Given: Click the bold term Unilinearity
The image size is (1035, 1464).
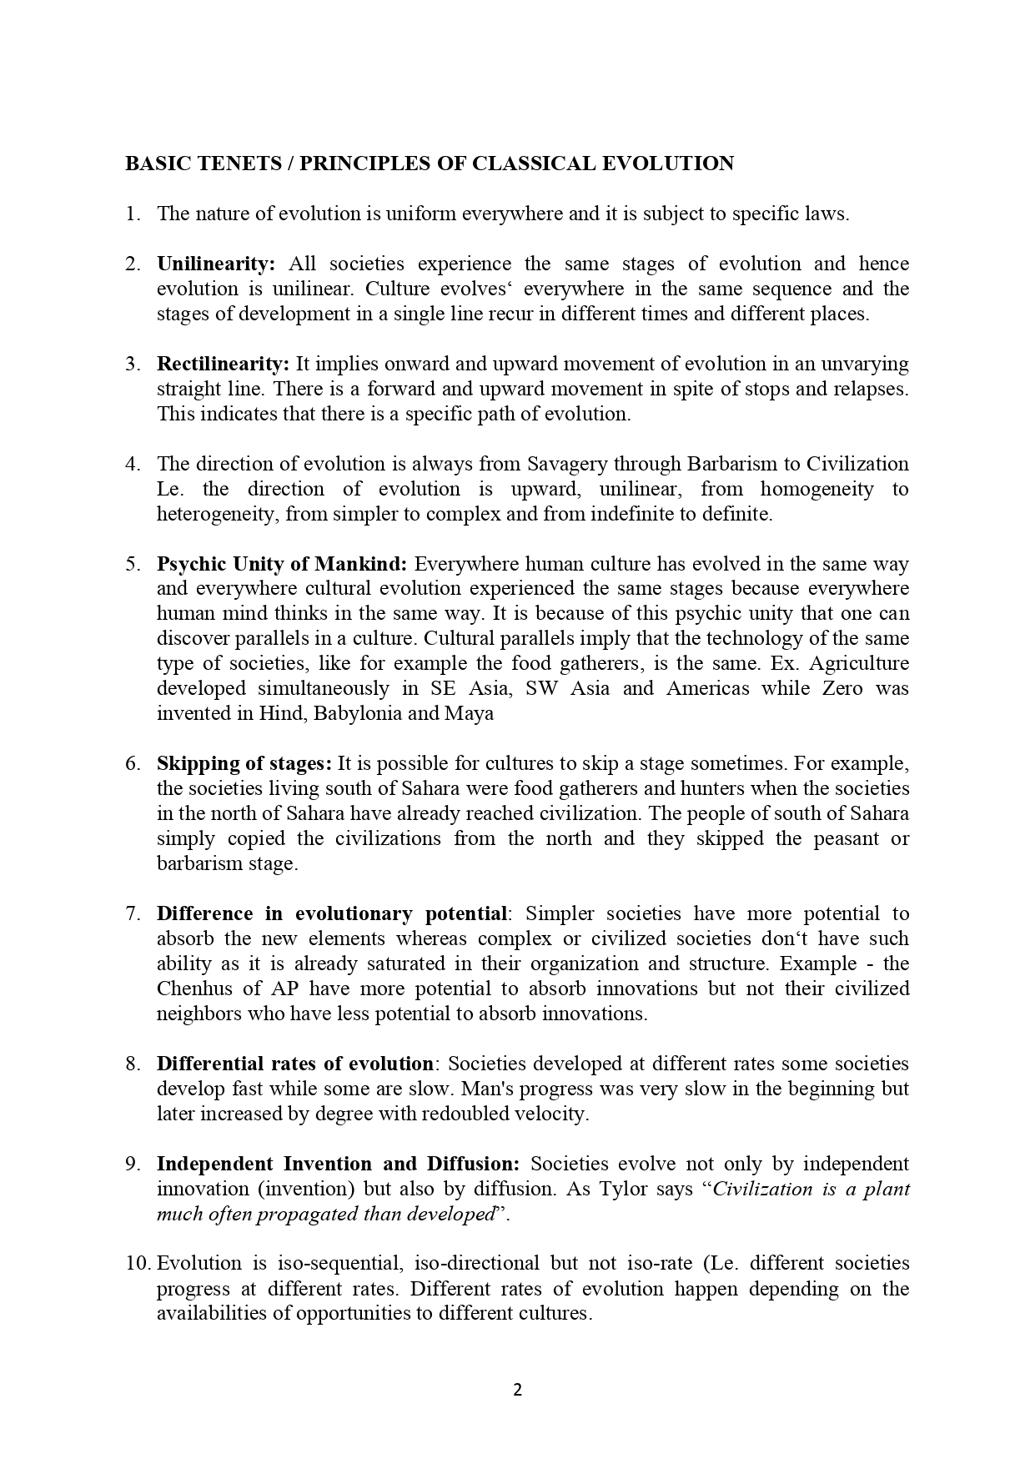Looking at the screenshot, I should coord(215,264).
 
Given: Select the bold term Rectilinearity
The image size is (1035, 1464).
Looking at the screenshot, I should coord(223,364).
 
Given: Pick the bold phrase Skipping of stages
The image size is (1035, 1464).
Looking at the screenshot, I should coord(244,764).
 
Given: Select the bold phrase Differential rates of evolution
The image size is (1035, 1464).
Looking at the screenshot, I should coord(294,1064).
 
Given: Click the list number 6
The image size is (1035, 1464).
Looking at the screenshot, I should coord(133,764).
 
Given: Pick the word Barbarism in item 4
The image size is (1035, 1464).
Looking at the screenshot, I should coord(731,464).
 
